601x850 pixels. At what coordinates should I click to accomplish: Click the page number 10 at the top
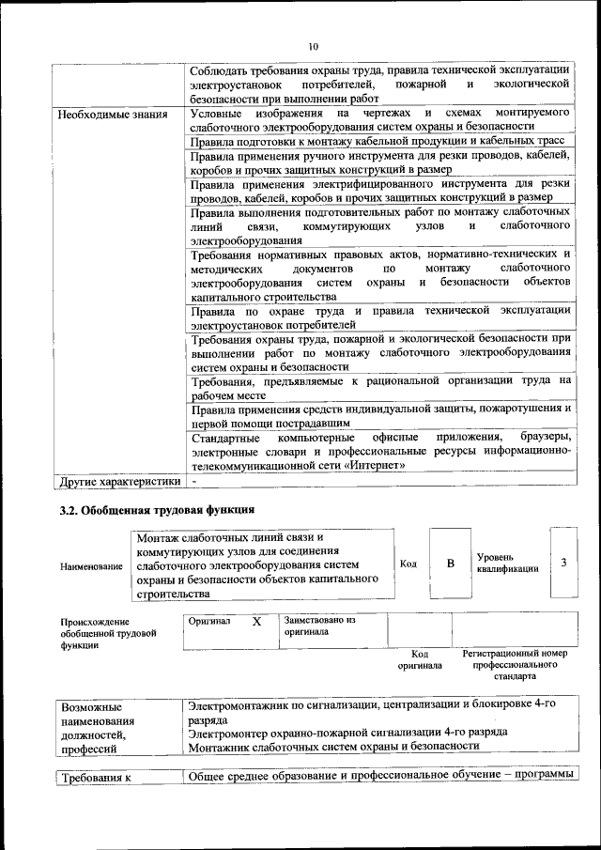313,46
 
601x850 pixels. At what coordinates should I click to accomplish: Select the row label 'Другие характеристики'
118,482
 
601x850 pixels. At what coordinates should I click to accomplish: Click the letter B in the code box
450,564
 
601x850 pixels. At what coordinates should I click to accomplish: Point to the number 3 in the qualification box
563,563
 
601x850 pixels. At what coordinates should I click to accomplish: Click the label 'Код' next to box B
408,564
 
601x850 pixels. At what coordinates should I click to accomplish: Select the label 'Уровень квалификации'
507,563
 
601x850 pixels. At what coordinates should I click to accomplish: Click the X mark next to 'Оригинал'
256,622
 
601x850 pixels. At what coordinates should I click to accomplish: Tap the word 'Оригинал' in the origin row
209,622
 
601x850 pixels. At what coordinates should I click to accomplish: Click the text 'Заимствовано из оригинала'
320,626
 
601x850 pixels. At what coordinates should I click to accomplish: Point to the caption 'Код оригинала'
420,659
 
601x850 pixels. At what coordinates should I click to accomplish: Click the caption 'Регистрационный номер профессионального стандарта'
516,664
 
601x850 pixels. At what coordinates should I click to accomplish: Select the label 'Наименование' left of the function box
91,566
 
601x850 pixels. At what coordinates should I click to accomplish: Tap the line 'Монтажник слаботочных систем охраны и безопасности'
333,746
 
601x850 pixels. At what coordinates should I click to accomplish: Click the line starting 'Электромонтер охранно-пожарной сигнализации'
347,731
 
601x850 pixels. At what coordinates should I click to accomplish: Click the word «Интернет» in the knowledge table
375,465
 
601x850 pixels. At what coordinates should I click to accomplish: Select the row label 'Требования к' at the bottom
94,778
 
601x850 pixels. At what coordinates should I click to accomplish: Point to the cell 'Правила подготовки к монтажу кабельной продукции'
378,141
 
